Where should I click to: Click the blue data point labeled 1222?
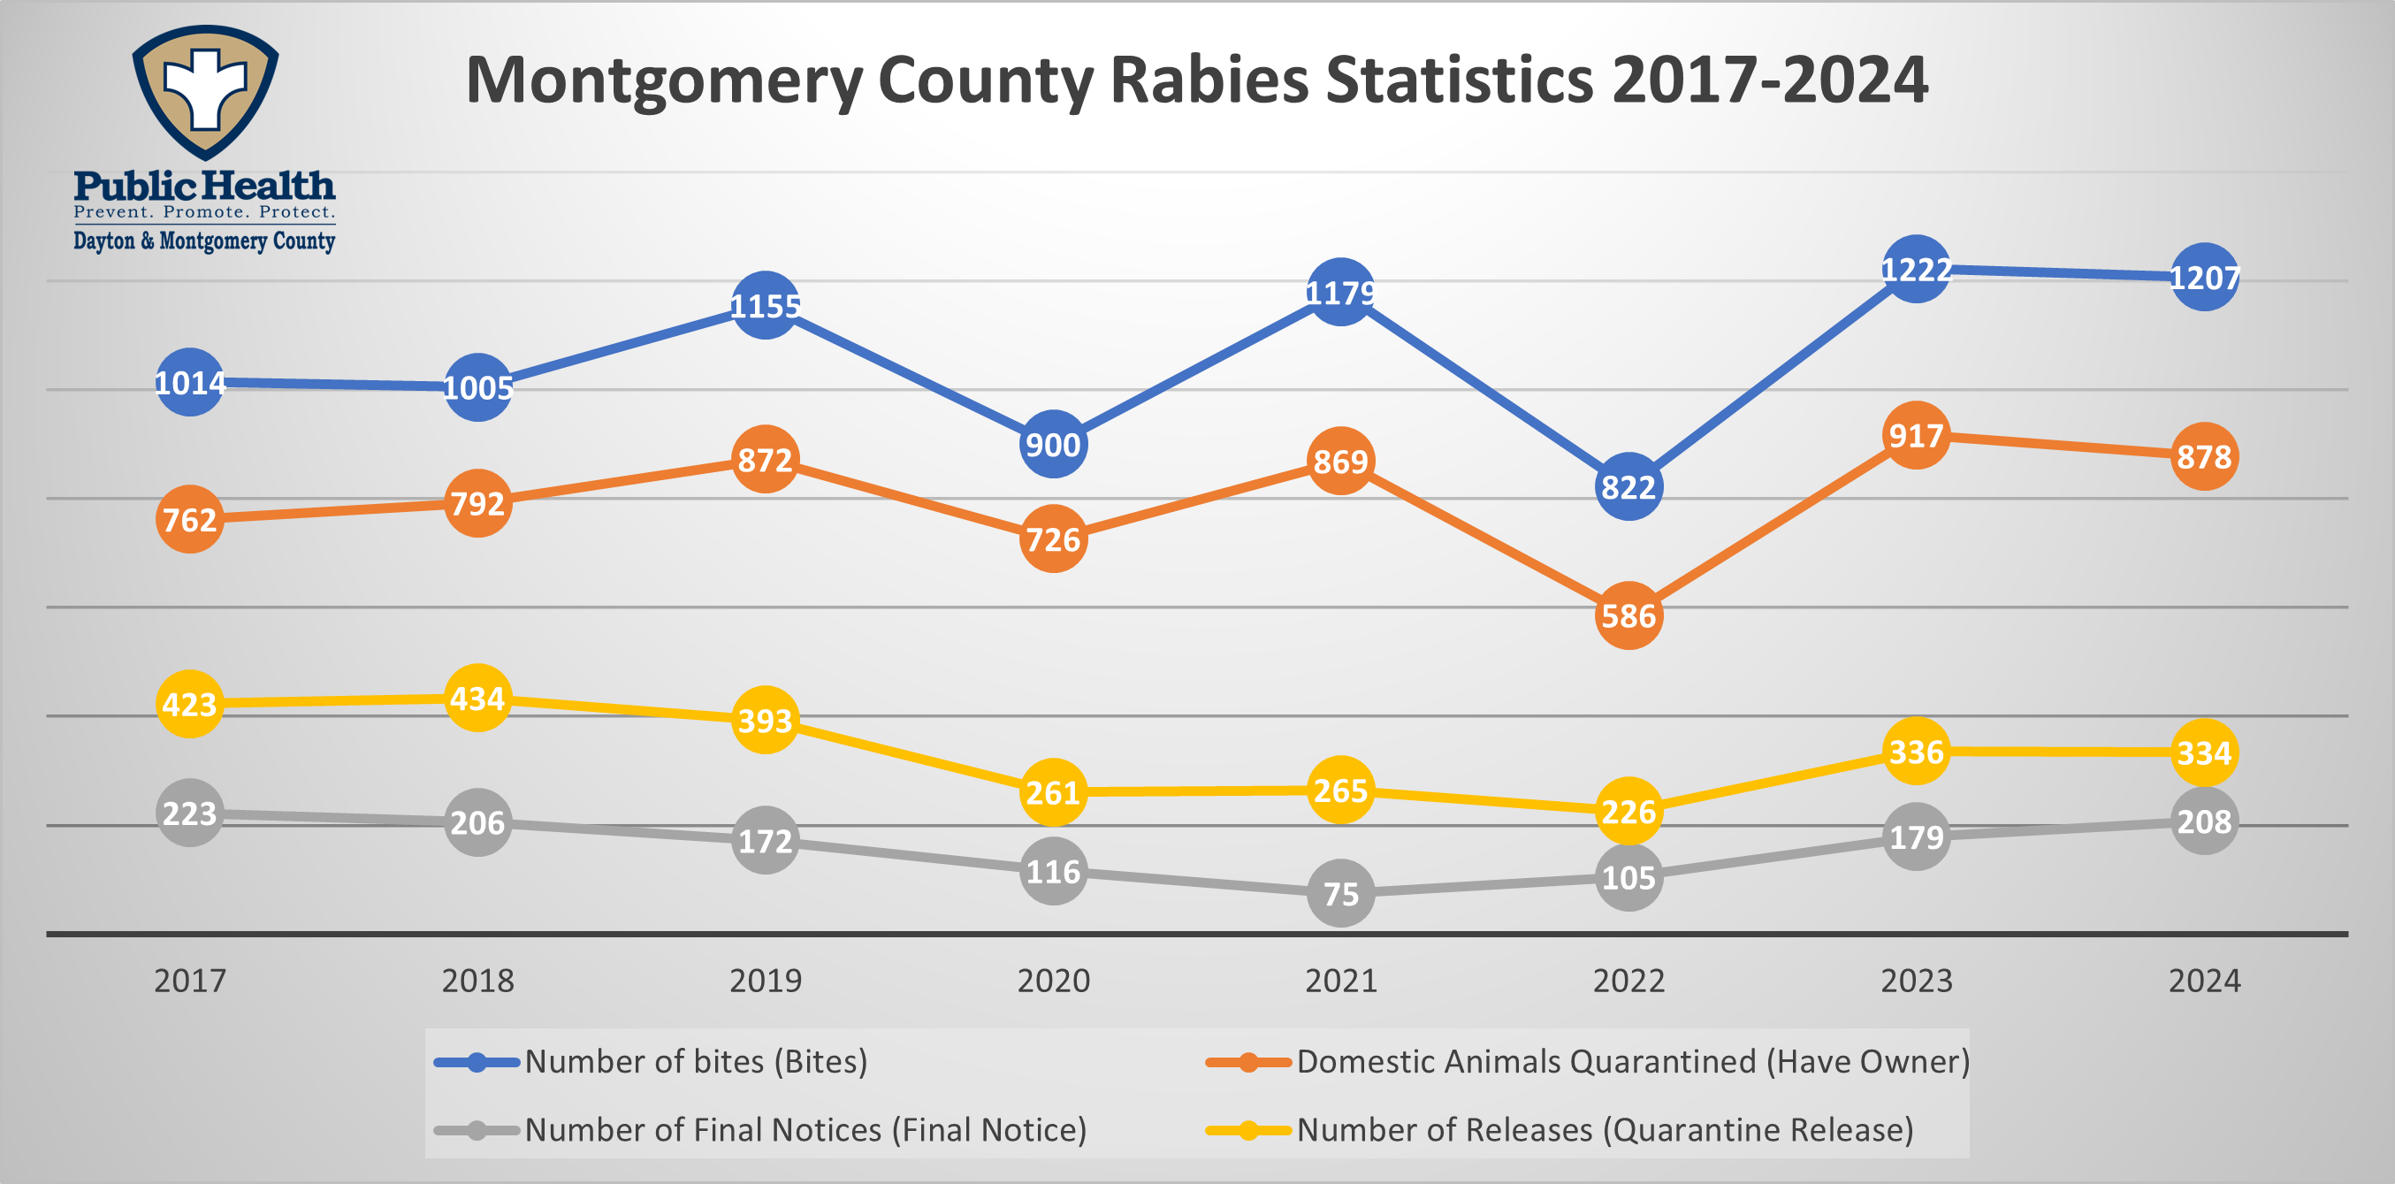click(1915, 270)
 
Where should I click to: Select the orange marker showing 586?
click(1628, 615)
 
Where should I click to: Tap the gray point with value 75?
click(1340, 894)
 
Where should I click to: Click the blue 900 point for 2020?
click(1052, 445)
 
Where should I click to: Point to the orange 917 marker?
click(1915, 435)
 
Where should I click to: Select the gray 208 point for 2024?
click(2203, 821)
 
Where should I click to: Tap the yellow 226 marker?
click(1628, 811)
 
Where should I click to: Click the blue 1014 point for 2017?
click(190, 382)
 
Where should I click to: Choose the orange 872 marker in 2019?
click(765, 460)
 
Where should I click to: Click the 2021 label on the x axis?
click(1340, 981)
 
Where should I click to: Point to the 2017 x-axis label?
click(190, 981)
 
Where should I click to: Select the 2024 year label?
click(2203, 981)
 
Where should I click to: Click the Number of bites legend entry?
click(696, 1061)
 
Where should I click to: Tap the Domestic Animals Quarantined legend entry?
click(1633, 1061)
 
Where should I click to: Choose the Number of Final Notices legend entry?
click(805, 1130)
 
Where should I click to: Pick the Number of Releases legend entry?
click(1605, 1130)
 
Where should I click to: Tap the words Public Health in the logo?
click(204, 186)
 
